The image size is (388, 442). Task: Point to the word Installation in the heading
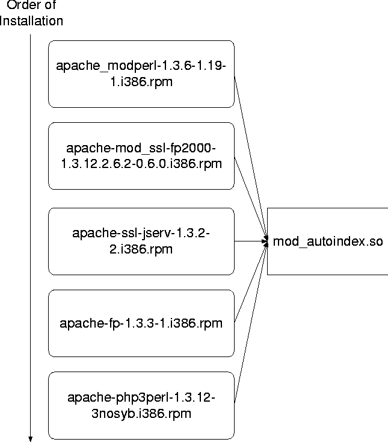pyautogui.click(x=32, y=21)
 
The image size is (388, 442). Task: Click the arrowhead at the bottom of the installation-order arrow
pyautogui.click(x=30, y=438)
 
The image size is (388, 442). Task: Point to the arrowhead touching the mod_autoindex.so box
pyautogui.click(x=265, y=241)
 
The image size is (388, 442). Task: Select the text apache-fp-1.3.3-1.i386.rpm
pyautogui.click(x=141, y=323)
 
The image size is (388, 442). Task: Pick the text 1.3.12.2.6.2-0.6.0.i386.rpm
pyautogui.click(x=141, y=163)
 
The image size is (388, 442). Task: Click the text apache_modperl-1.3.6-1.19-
pyautogui.click(x=141, y=67)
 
